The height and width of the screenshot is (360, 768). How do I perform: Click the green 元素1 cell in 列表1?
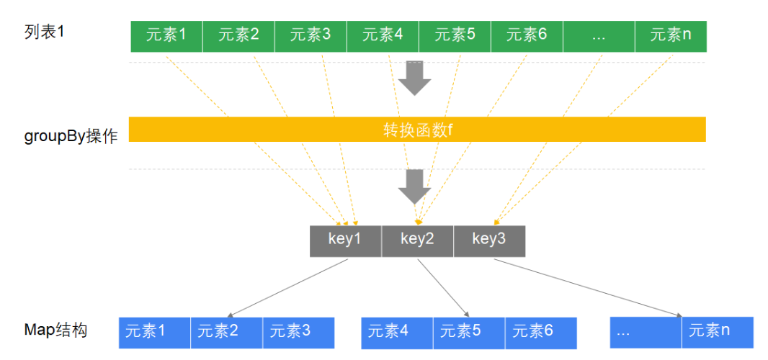click(166, 36)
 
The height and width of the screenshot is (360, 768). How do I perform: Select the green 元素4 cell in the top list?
click(383, 36)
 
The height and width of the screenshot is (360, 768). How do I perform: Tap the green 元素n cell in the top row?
click(671, 36)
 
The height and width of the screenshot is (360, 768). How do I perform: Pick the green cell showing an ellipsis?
click(599, 36)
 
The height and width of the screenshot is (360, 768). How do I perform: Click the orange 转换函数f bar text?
click(417, 130)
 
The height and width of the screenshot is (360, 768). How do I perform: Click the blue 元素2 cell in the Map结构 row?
click(226, 333)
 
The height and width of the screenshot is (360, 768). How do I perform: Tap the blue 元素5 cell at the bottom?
click(469, 333)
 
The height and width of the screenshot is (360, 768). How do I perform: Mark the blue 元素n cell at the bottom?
click(718, 333)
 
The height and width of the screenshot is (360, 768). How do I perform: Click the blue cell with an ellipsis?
click(646, 333)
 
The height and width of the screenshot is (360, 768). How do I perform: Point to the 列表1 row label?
click(44, 33)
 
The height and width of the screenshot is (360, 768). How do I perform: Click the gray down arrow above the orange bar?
click(414, 78)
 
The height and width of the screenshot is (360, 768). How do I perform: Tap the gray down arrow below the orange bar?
click(414, 186)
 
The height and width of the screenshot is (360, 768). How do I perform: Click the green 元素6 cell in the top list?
click(527, 36)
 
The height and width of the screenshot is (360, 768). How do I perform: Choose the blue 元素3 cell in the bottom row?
click(298, 333)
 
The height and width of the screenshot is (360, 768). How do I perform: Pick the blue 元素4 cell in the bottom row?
click(397, 333)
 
